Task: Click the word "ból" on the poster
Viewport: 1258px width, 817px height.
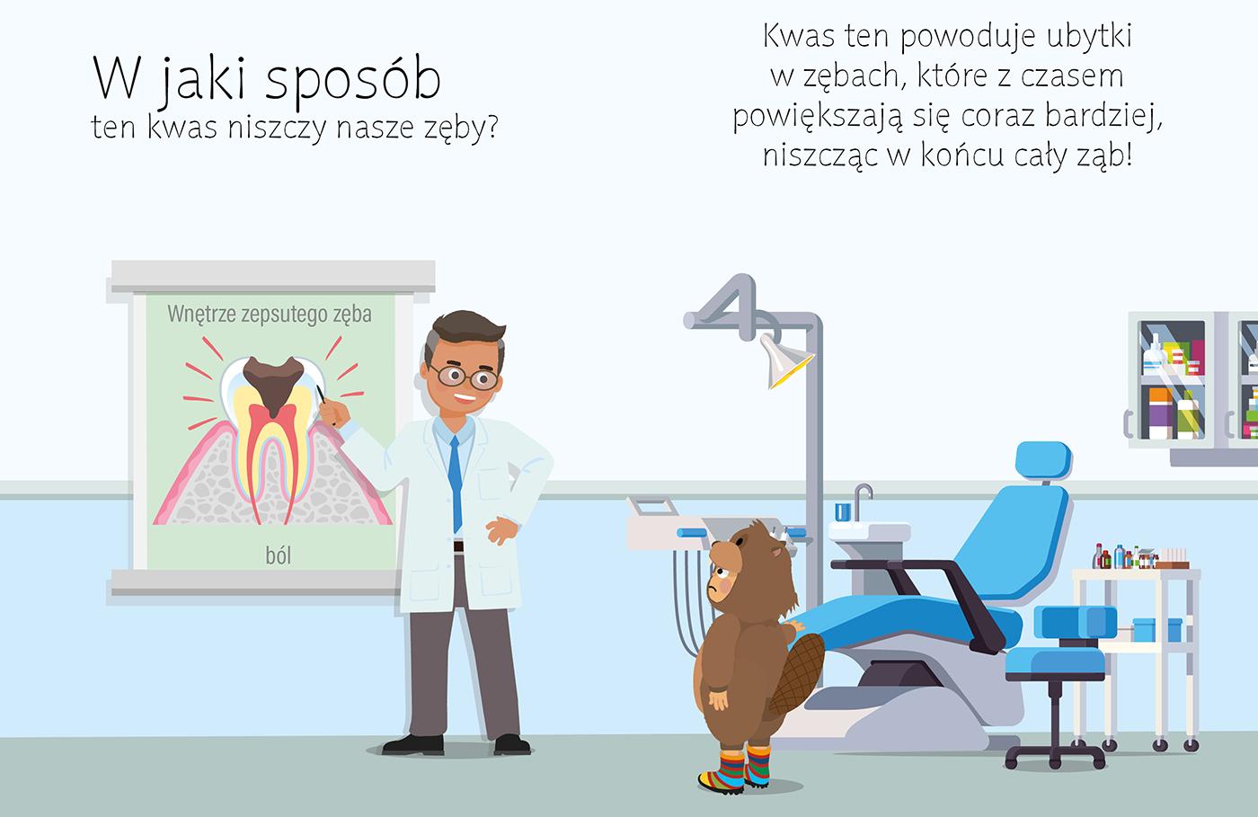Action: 278,555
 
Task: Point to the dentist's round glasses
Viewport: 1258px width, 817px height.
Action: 465,377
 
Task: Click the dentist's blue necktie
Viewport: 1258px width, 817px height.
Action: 456,484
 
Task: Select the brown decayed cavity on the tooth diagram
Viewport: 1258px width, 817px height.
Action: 273,385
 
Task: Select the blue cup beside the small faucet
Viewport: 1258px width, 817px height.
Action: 843,512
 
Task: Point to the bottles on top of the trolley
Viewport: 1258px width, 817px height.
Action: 1140,556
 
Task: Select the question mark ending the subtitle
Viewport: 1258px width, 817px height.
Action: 492,128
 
